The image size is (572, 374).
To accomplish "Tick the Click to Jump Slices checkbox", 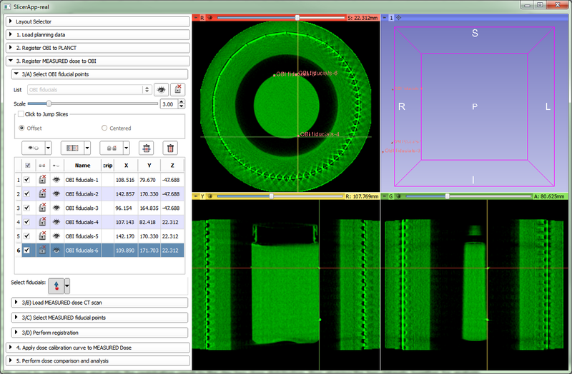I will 21,114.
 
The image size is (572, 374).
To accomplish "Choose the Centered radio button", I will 105,128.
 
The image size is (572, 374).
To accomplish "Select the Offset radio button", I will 22,128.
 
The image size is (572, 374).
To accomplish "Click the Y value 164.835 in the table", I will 148,208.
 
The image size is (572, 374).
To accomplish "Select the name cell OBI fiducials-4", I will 82,222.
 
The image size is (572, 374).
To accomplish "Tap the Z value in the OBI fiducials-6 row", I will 170,250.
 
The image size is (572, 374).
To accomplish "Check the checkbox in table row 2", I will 27,194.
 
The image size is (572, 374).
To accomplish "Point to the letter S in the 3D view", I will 473,33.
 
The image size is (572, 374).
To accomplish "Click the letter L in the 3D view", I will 548,106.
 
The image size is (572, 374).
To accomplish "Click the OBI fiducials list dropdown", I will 89,90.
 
